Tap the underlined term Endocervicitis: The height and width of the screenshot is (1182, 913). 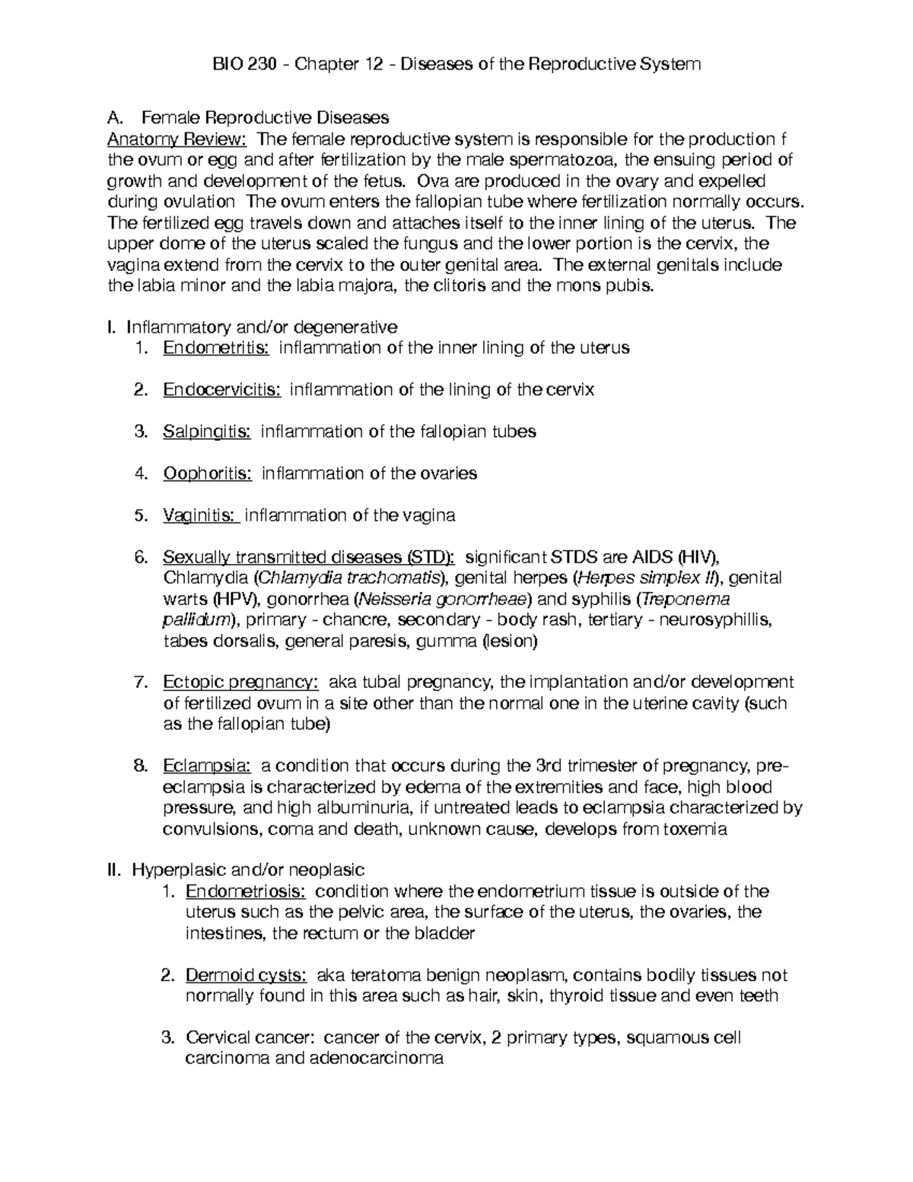pos(222,390)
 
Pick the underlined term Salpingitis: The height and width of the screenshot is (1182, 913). pos(207,432)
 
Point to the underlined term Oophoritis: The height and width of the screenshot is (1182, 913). pos(207,473)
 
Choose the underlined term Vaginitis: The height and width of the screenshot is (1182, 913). pos(201,515)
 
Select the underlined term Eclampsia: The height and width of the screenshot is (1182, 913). pos(206,765)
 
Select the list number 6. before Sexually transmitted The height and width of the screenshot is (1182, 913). pos(142,557)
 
